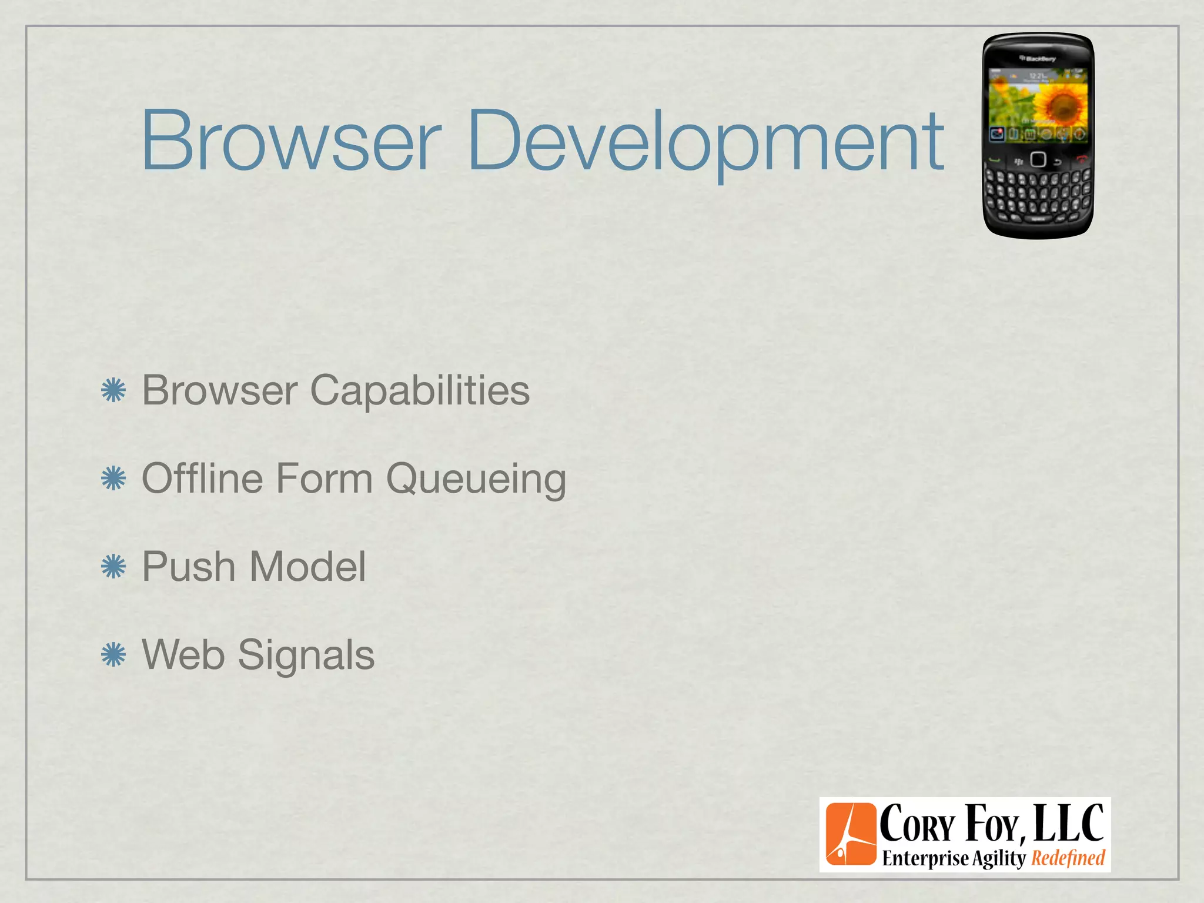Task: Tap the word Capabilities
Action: [x=420, y=390]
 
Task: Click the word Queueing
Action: [x=476, y=479]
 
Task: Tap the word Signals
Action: [x=306, y=655]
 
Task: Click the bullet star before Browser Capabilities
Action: [x=113, y=391]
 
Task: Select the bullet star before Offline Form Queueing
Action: [x=113, y=479]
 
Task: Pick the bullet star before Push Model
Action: [x=113, y=567]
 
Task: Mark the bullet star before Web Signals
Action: [x=113, y=655]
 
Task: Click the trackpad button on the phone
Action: [x=1038, y=159]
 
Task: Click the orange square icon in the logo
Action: [x=850, y=834]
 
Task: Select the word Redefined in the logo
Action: [x=1068, y=858]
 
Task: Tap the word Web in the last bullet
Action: [x=183, y=655]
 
